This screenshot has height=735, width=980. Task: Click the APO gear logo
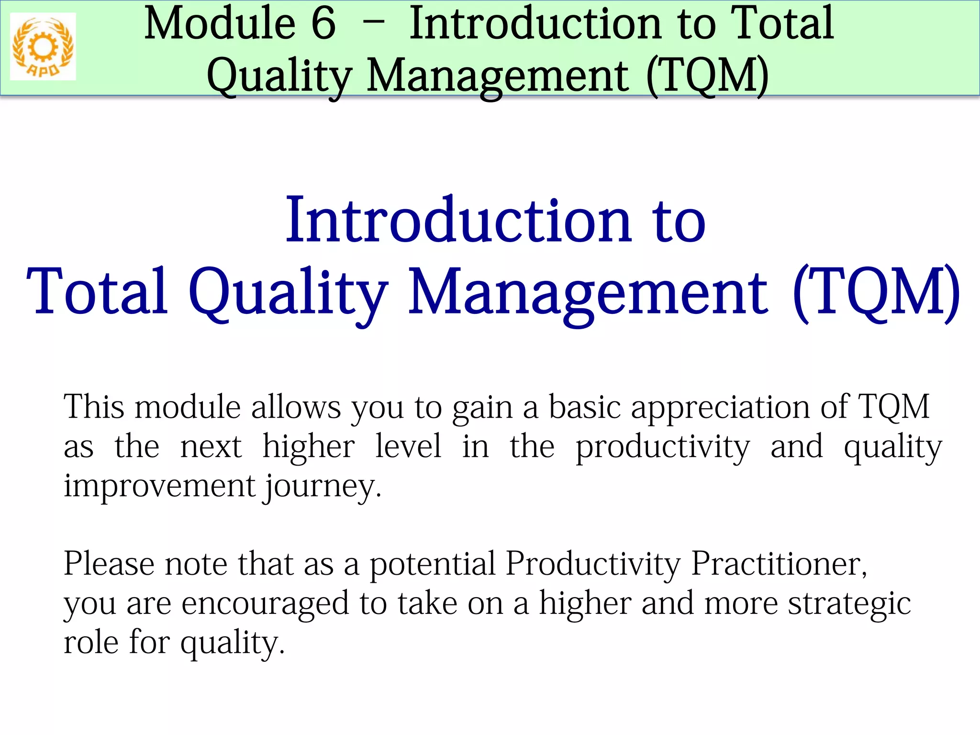tap(43, 47)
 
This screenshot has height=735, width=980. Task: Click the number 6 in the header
tap(323, 24)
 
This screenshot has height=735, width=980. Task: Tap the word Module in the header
tap(220, 24)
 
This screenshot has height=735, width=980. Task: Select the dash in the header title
tap(373, 24)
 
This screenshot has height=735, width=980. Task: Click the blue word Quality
tap(288, 293)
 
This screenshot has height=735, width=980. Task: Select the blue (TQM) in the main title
tap(876, 293)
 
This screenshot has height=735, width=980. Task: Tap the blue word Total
tap(97, 293)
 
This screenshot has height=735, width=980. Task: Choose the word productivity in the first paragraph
tap(663, 447)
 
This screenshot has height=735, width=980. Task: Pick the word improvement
tap(159, 486)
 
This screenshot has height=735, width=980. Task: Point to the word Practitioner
tap(779, 564)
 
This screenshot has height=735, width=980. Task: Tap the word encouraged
tap(266, 604)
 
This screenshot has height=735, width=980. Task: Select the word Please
tap(109, 564)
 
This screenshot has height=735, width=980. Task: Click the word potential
tap(433, 564)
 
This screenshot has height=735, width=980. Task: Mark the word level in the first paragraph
tap(408, 447)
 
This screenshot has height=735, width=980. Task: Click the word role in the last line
tap(91, 643)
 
